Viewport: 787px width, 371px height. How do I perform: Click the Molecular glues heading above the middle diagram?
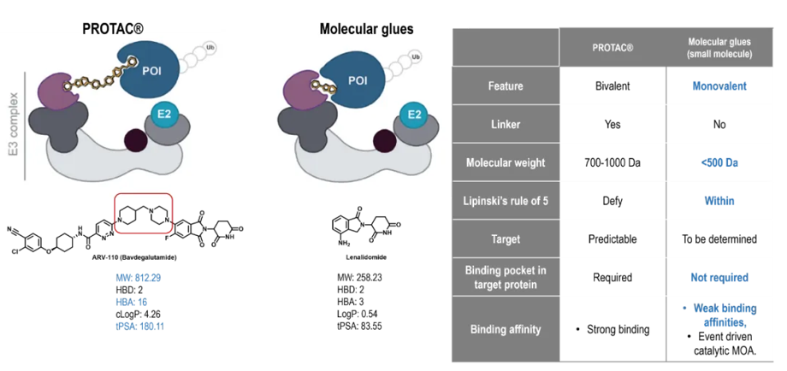(366, 29)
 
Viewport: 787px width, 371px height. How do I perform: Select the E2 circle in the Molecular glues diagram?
(414, 115)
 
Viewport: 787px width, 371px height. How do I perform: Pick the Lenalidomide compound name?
(366, 255)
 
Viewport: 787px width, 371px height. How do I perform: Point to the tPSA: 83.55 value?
(366, 327)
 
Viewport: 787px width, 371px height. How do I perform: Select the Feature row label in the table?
(506, 86)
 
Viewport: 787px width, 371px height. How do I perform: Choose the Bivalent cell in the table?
(612, 86)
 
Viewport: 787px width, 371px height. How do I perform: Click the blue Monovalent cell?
(719, 86)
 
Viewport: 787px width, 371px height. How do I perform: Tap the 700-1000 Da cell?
(612, 162)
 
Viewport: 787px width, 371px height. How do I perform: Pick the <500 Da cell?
(719, 162)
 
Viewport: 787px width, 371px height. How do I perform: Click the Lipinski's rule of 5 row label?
(506, 201)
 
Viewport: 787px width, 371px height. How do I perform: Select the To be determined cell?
(719, 239)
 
